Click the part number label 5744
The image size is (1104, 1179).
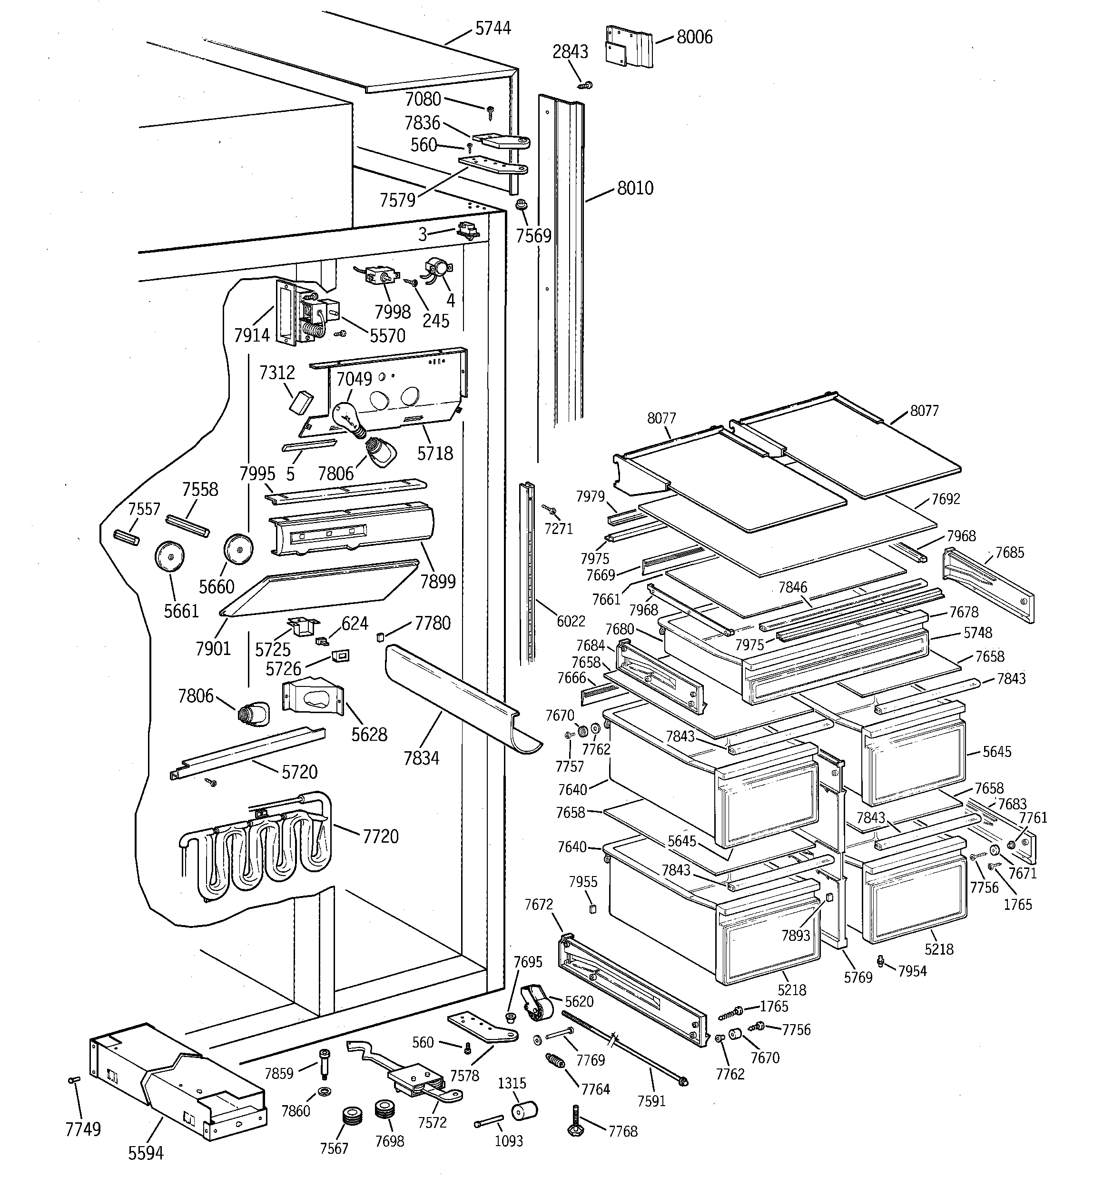493,28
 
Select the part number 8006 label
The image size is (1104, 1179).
694,37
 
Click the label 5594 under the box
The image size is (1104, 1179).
145,1152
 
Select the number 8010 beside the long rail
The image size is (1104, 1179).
635,188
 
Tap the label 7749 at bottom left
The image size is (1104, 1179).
83,1129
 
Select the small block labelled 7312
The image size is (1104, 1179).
299,401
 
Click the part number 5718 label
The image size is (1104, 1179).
434,453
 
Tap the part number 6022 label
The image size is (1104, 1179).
570,621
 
